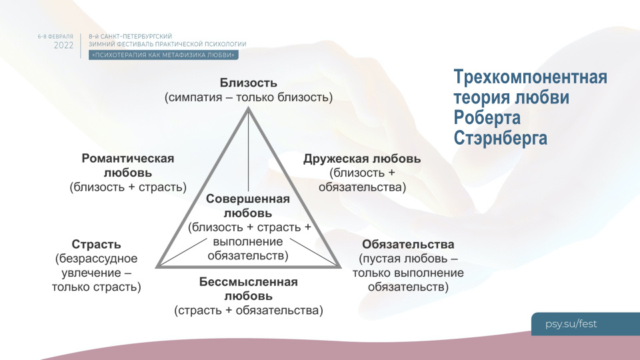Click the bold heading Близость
click(248, 83)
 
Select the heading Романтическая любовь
click(128, 165)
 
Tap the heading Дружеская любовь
click(362, 159)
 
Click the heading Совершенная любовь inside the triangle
click(248, 206)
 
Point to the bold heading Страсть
click(96, 244)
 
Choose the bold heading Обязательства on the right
click(408, 244)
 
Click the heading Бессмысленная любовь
click(248, 289)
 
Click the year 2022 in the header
click(64, 45)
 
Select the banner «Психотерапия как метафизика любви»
click(163, 55)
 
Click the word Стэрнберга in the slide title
click(500, 138)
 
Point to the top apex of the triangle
click(249, 107)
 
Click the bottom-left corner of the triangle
click(157, 267)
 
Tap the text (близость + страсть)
click(128, 187)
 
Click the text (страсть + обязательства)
click(248, 310)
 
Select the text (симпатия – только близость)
click(248, 98)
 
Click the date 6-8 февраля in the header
click(56, 35)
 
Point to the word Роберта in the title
click(487, 118)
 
